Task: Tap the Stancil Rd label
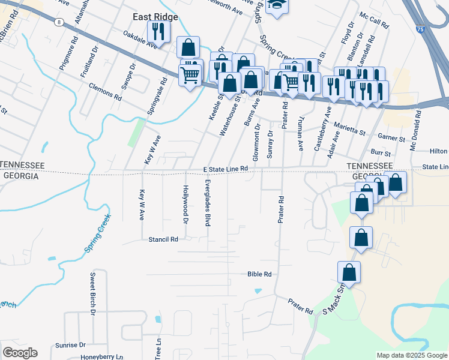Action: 163,239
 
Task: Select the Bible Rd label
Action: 259,274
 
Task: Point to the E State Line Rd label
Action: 226,170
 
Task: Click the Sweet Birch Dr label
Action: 93,293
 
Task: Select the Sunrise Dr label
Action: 71,345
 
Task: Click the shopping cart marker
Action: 190,75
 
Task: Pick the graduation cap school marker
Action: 277,5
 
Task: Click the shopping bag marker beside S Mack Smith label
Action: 349,272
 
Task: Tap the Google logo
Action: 20,353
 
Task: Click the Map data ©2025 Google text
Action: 412,355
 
